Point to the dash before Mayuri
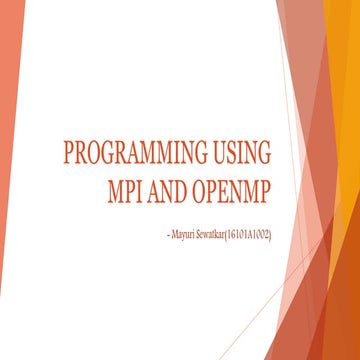pos(154,234)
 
